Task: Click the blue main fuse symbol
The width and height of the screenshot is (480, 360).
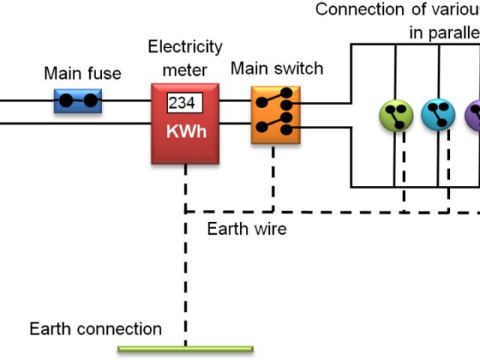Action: [78, 100]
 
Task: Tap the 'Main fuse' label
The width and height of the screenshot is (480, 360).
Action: [82, 73]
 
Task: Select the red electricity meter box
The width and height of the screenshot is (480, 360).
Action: [185, 124]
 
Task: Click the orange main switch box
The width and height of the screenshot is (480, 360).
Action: [275, 115]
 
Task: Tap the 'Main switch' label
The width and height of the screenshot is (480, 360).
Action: [277, 69]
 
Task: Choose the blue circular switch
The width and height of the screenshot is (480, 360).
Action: [438, 115]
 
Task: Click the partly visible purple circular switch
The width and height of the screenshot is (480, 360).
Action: [474, 115]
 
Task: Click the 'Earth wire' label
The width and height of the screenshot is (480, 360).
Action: [247, 228]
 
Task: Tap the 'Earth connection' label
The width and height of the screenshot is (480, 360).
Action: [95, 328]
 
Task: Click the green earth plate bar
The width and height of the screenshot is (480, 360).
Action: [185, 349]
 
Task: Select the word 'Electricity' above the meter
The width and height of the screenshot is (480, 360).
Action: [185, 47]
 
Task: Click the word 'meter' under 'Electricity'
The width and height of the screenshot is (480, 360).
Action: [184, 69]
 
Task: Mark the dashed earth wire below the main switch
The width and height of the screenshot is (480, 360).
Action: [274, 176]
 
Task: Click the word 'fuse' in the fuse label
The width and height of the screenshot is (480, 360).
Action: [105, 73]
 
